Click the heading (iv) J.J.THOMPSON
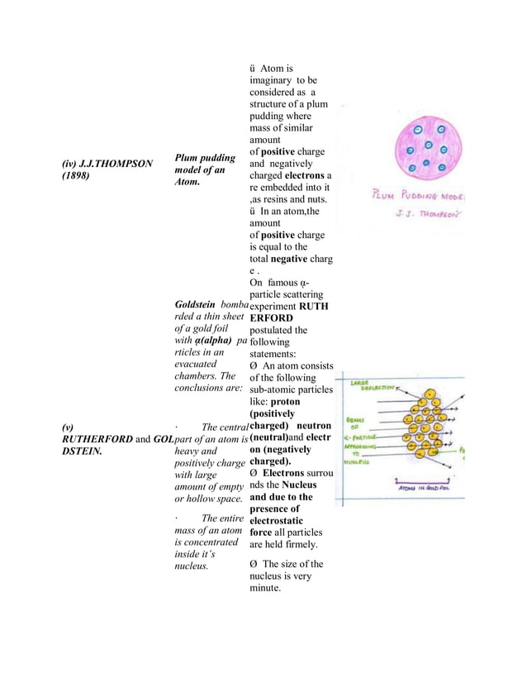(x=107, y=163)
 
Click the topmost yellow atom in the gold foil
(x=430, y=393)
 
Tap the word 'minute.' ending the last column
(x=268, y=589)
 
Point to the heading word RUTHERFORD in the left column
(x=97, y=439)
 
